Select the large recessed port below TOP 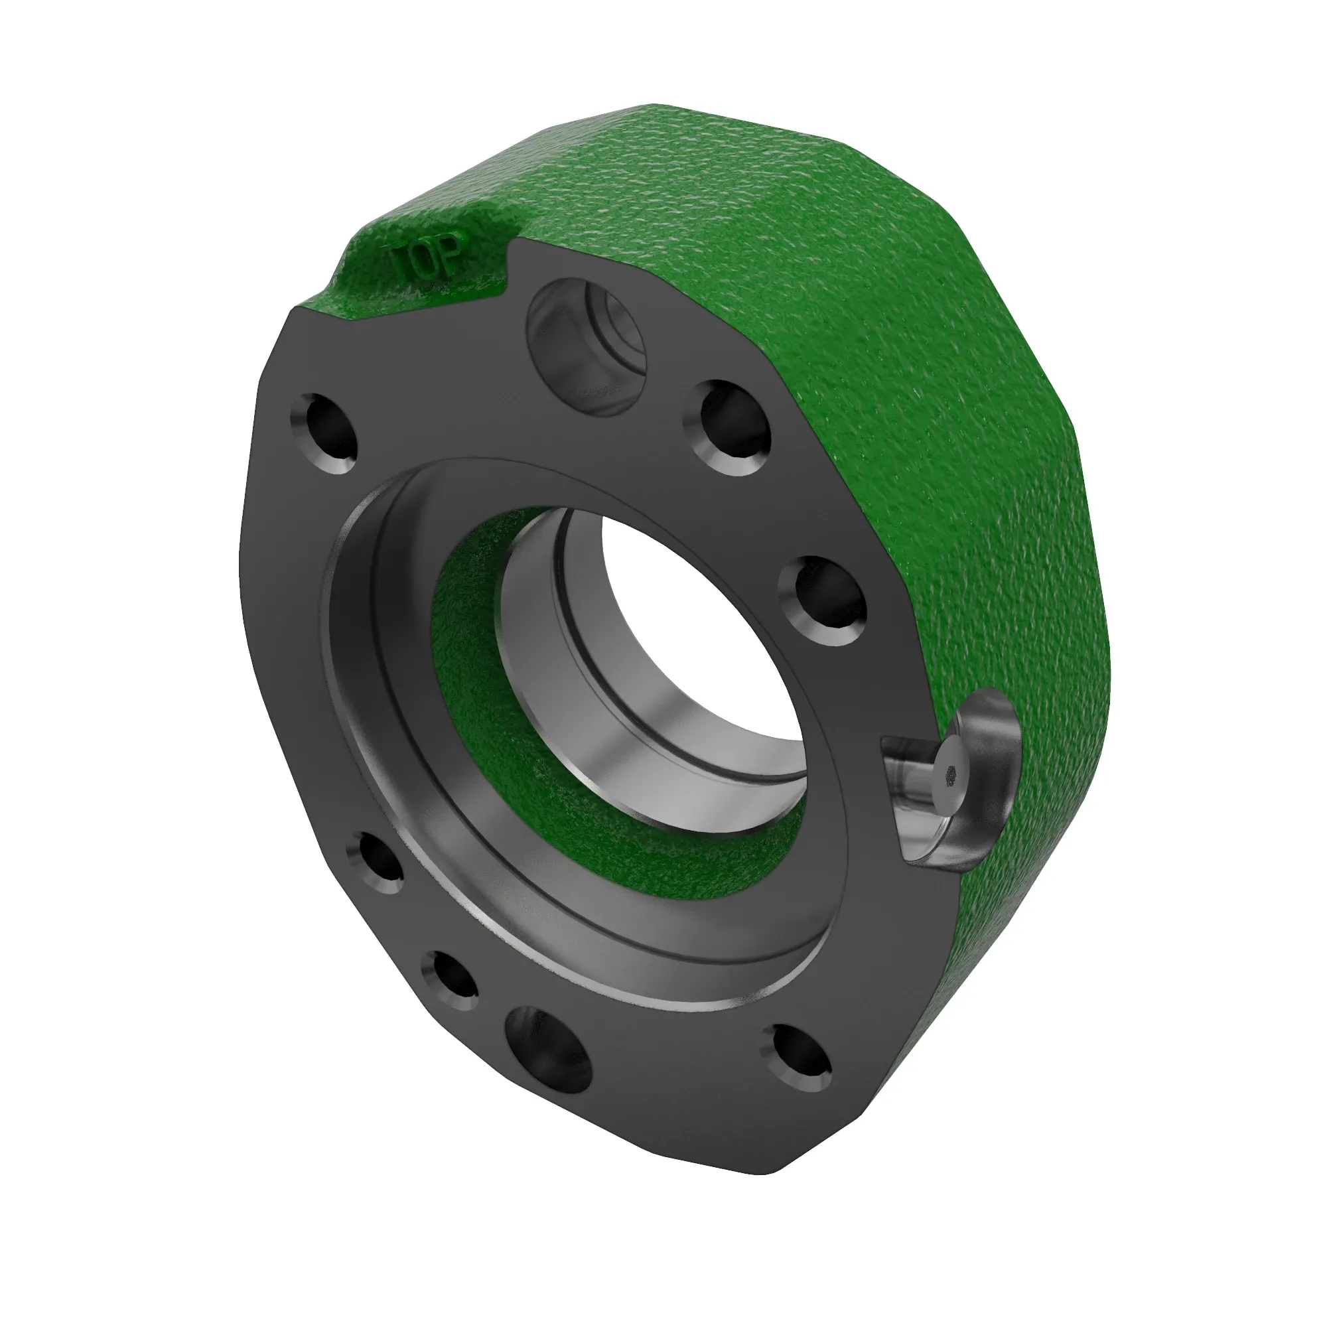586,348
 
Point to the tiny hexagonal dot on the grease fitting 951,774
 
